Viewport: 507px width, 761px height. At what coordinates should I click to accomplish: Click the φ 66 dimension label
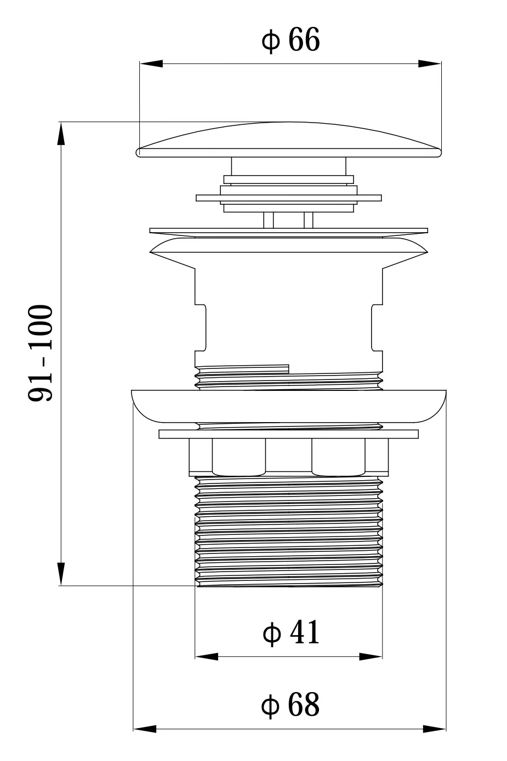[x=290, y=40]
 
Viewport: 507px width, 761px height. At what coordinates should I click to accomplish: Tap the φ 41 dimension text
[x=291, y=632]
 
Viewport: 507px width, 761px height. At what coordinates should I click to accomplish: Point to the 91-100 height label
[x=41, y=353]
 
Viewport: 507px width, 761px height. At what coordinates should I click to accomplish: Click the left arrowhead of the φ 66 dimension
[x=151, y=64]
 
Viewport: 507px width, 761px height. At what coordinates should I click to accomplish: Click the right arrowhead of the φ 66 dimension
[x=430, y=64]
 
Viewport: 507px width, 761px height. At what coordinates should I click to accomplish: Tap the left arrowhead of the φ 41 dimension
[x=207, y=656]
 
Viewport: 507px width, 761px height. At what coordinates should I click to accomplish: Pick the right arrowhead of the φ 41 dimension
[x=371, y=656]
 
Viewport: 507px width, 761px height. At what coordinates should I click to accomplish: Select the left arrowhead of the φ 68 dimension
[x=145, y=728]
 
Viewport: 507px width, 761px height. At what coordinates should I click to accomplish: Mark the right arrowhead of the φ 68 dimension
[x=434, y=728]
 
